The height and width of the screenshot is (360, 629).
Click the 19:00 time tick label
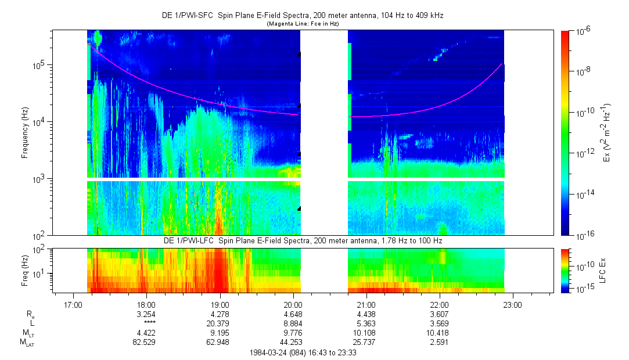point(220,304)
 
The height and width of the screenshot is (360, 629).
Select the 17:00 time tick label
point(73,304)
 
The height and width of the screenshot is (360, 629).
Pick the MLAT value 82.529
point(146,343)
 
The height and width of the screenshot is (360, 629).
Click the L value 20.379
point(220,323)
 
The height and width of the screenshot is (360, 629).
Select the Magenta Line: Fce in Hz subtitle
point(302,24)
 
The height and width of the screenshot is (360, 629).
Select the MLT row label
point(27,333)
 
